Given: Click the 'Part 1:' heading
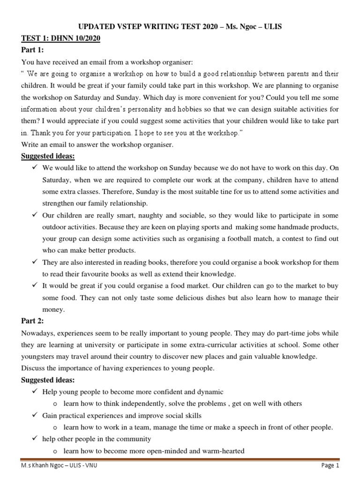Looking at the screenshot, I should [x=32, y=50].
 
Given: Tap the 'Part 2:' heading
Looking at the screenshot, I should [x=32, y=322].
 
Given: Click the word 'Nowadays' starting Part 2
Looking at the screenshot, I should [x=37, y=333].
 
